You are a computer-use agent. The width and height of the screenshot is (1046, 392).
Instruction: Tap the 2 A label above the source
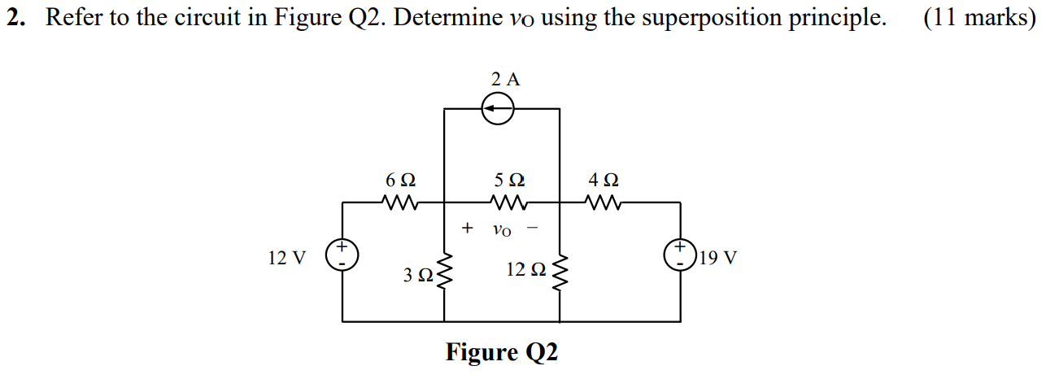[505, 80]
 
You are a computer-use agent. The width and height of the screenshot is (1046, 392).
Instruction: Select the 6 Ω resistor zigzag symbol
[401, 202]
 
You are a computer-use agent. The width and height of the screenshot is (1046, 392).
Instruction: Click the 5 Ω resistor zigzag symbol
[508, 202]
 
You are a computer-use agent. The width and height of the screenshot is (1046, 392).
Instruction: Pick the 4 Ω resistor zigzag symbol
[603, 202]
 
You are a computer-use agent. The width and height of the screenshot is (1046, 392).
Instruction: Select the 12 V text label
[287, 259]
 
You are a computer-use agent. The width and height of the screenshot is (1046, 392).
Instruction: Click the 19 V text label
[718, 259]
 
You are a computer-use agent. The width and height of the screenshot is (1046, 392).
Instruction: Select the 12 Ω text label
[525, 269]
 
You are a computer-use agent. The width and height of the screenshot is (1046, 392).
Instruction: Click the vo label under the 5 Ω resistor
[502, 230]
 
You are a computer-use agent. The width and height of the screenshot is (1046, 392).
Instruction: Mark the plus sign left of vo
[467, 228]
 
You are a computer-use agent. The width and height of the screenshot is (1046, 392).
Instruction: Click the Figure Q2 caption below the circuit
[502, 353]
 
